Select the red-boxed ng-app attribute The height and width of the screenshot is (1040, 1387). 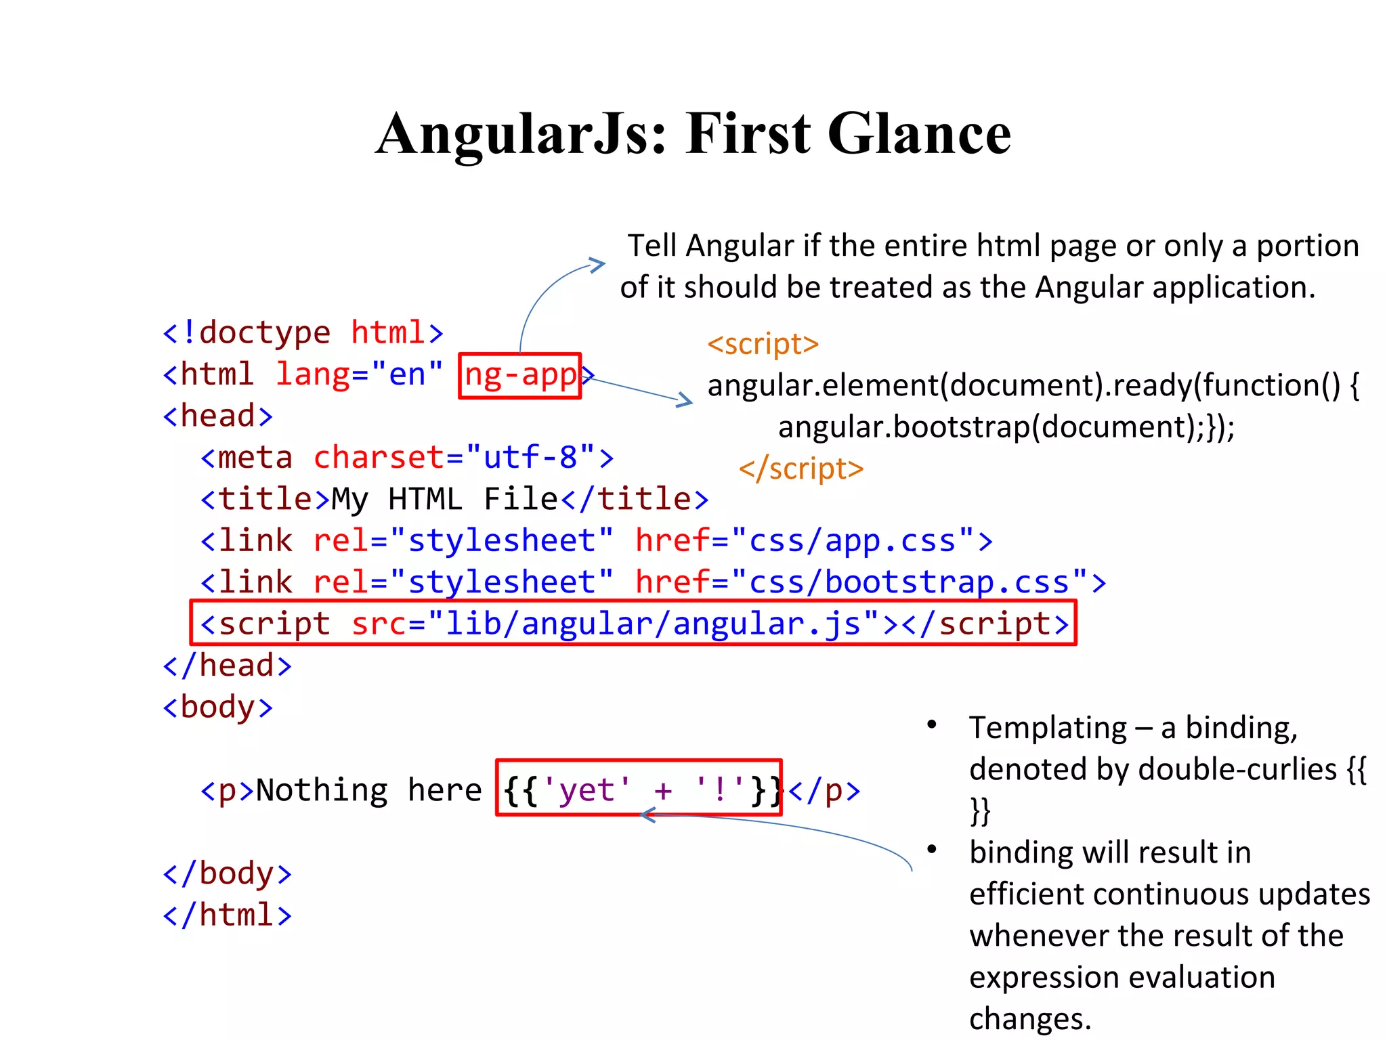point(519,375)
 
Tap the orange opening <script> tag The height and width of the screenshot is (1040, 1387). point(763,344)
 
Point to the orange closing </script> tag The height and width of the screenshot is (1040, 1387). point(801,469)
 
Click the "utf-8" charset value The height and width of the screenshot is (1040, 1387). point(530,458)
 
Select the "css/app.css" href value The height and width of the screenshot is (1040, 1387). point(852,541)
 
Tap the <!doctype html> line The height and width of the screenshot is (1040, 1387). point(303,333)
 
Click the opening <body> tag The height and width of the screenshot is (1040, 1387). point(217,708)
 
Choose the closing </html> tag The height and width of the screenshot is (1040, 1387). point(227,915)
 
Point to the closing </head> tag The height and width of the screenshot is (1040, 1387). point(227,666)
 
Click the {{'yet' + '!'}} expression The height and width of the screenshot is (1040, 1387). point(639,790)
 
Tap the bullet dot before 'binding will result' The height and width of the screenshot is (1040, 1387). point(932,849)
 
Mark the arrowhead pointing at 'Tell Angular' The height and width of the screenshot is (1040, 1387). point(597,264)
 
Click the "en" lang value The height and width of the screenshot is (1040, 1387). point(406,375)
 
